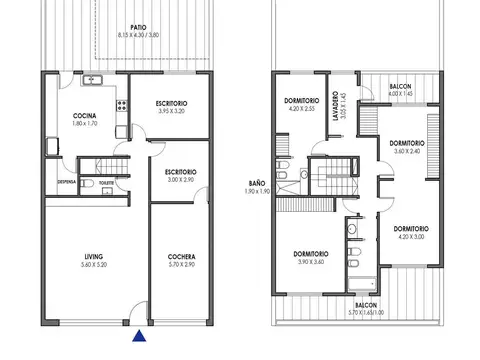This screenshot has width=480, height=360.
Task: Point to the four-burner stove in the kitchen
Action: pyautogui.click(x=120, y=102)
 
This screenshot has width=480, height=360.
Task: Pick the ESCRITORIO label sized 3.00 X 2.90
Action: pyautogui.click(x=180, y=172)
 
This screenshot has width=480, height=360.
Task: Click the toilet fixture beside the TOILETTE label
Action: pyautogui.click(x=88, y=184)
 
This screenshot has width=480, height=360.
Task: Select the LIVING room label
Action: pyautogui.click(x=93, y=258)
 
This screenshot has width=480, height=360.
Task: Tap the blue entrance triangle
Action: pyautogui.click(x=138, y=336)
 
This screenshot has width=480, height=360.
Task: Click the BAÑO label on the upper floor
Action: pyautogui.click(x=256, y=183)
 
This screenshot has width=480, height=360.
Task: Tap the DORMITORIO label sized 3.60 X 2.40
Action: pyautogui.click(x=407, y=143)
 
